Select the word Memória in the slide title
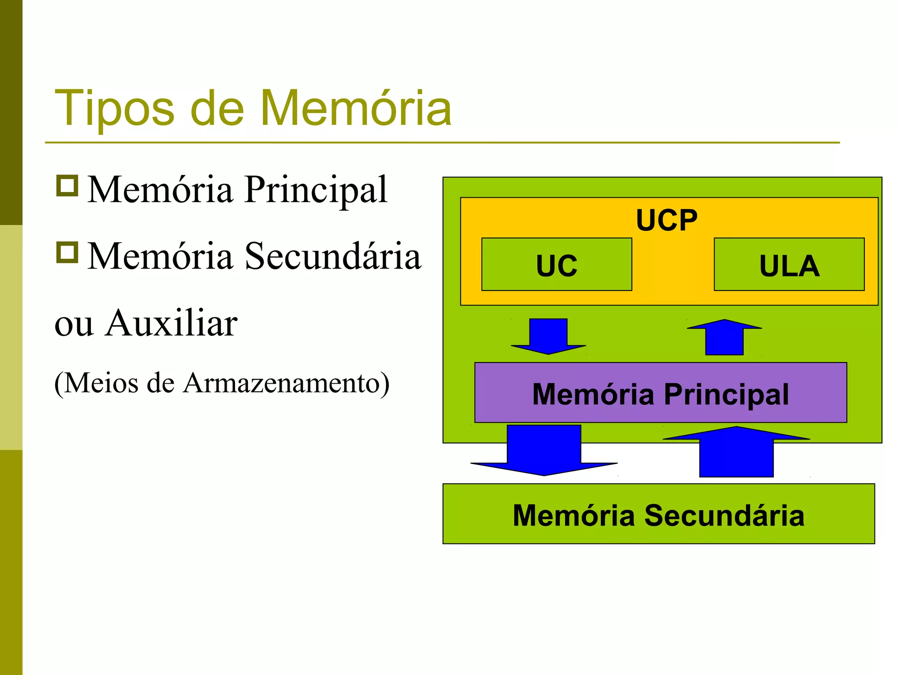pyautogui.click(x=356, y=108)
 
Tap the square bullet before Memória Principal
pyautogui.click(x=67, y=185)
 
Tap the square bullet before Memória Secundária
pyautogui.click(x=67, y=252)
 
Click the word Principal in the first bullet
pyautogui.click(x=316, y=190)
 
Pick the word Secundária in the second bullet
pyautogui.click(x=333, y=256)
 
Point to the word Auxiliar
pyautogui.click(x=171, y=323)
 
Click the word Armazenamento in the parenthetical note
pyautogui.click(x=281, y=383)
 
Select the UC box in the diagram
pyautogui.click(x=556, y=265)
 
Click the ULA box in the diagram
pyautogui.click(x=789, y=265)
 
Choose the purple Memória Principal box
pyautogui.click(x=660, y=393)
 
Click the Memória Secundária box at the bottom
pyautogui.click(x=658, y=514)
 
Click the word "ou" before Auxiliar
pyautogui.click(x=74, y=324)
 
